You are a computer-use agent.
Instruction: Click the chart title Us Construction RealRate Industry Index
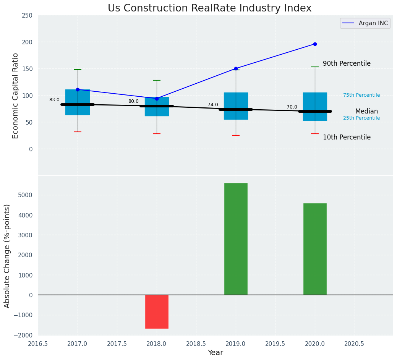209,8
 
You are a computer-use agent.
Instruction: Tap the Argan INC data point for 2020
315,44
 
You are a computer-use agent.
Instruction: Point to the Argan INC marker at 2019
236,69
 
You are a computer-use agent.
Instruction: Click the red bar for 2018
157,311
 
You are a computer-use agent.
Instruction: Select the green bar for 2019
236,239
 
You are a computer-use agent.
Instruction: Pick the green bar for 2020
315,249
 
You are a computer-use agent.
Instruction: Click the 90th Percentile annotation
347,63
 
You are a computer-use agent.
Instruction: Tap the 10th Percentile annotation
347,137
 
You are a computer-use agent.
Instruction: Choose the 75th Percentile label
361,95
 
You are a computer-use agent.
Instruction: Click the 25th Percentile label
361,118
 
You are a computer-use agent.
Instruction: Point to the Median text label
366,112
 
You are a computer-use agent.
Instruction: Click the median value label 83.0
54,100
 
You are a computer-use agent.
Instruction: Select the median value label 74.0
213,105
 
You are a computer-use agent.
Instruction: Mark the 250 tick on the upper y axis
28,15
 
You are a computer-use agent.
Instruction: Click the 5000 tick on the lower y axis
25,195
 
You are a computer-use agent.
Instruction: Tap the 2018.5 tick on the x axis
196,344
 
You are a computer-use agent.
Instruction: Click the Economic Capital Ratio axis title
16,96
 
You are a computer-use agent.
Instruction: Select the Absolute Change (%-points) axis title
7,256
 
